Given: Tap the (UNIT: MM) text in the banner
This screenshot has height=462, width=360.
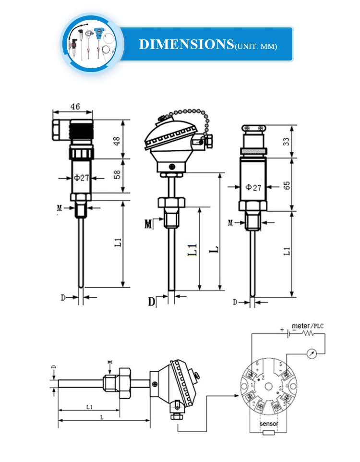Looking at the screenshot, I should pos(255,46).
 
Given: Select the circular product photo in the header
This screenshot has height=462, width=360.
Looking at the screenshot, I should pos(91,44).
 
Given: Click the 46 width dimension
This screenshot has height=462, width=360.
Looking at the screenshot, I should pos(75,107).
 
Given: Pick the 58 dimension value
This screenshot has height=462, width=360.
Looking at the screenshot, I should pos(117,175).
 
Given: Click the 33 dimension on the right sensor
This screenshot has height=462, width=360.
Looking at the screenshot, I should pos(287,142).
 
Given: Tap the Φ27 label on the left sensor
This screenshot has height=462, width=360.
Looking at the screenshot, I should pos(81,178).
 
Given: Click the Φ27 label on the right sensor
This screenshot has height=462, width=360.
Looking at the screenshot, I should pos(253,187).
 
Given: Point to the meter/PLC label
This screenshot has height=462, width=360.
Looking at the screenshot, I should pos(308,326).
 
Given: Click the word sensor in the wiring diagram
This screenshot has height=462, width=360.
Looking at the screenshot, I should pos(269,424).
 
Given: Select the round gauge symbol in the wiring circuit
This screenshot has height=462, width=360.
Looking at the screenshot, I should pos(312,353).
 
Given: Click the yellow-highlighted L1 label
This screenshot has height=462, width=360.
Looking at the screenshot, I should pos(192,250).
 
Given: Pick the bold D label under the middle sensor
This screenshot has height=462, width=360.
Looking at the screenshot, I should pos(152,302).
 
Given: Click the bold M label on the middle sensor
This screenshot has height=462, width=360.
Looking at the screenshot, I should pos(148,223).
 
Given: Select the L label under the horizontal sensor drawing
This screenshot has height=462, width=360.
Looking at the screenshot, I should pos(102,417).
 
